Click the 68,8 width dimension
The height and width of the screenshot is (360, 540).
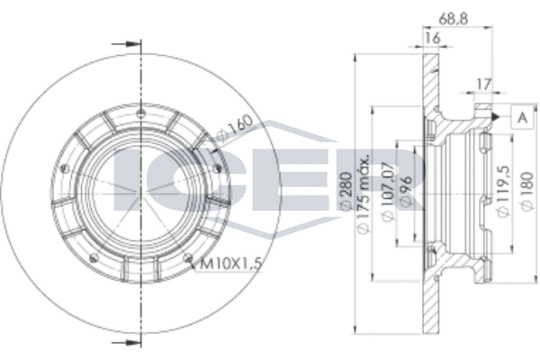[x=453, y=19]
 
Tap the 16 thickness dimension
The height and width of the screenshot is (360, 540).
[x=432, y=38]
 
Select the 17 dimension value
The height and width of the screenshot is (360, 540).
[x=482, y=85]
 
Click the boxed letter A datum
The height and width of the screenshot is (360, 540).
[x=522, y=118]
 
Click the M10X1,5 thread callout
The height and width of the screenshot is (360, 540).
[x=229, y=265]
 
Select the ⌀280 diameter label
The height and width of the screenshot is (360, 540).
[x=346, y=192]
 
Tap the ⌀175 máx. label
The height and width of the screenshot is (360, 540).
[x=364, y=193]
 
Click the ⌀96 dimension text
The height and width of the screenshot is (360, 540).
[x=407, y=191]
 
